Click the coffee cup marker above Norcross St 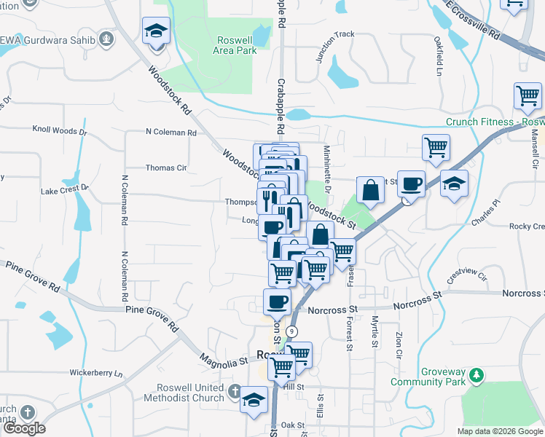point(276,300)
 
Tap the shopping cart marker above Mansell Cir point(527,95)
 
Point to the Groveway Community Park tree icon point(477,375)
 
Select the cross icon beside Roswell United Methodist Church point(235,392)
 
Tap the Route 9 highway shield point(291,331)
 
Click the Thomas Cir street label point(166,168)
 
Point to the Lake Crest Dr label point(64,190)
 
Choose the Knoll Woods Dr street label point(60,132)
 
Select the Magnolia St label point(224,360)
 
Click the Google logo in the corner point(24,428)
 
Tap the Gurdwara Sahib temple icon point(106,37)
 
